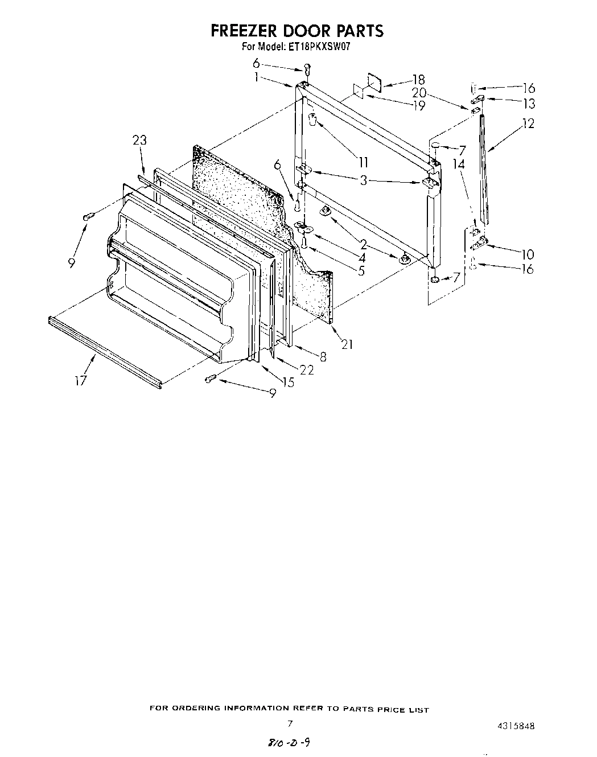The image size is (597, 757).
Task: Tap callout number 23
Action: pos(139,140)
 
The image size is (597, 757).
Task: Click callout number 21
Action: pos(347,344)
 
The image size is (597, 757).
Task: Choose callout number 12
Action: pos(528,122)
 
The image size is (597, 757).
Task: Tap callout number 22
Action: pos(306,369)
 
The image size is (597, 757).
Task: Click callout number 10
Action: pos(527,254)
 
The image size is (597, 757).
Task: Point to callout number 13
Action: pos(529,104)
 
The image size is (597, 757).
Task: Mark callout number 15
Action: pos(288,382)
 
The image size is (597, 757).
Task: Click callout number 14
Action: pos(459,164)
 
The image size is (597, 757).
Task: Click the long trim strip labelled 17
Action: pos(105,353)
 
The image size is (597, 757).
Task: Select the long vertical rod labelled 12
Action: pos(484,171)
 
